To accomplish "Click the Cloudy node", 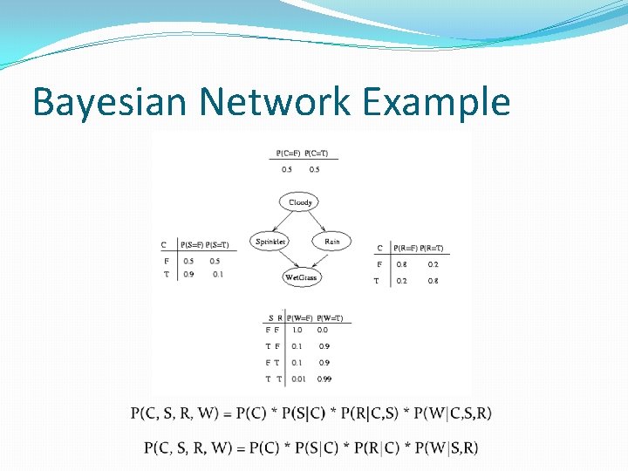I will pyautogui.click(x=300, y=202).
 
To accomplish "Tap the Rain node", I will pyautogui.click(x=331, y=241).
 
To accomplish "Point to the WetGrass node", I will pyautogui.click(x=301, y=277).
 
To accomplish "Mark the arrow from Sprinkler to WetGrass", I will pyautogui.click(x=284, y=260).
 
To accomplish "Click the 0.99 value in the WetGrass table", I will pyautogui.click(x=324, y=379).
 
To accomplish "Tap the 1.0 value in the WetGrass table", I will pyautogui.click(x=297, y=330).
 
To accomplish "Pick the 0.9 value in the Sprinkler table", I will pyautogui.click(x=189, y=274).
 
